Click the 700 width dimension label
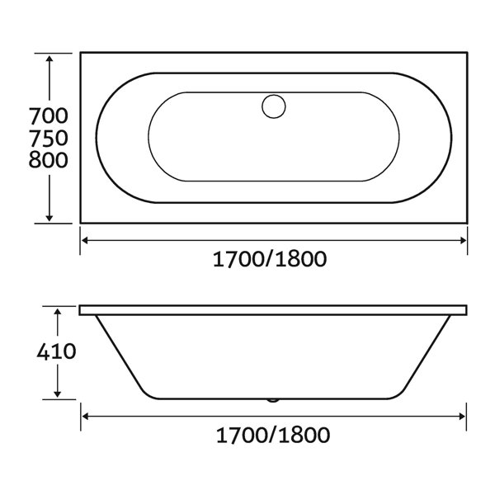click(x=49, y=115)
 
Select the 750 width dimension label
click(x=49, y=138)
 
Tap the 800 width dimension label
click(x=49, y=160)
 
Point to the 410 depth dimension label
click(x=56, y=351)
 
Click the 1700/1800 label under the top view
click(x=270, y=259)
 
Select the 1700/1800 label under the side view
click(x=273, y=435)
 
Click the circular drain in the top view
click(x=274, y=106)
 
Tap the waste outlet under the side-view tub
click(x=273, y=400)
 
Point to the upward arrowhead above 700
click(x=49, y=59)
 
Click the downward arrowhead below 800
click(x=49, y=218)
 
